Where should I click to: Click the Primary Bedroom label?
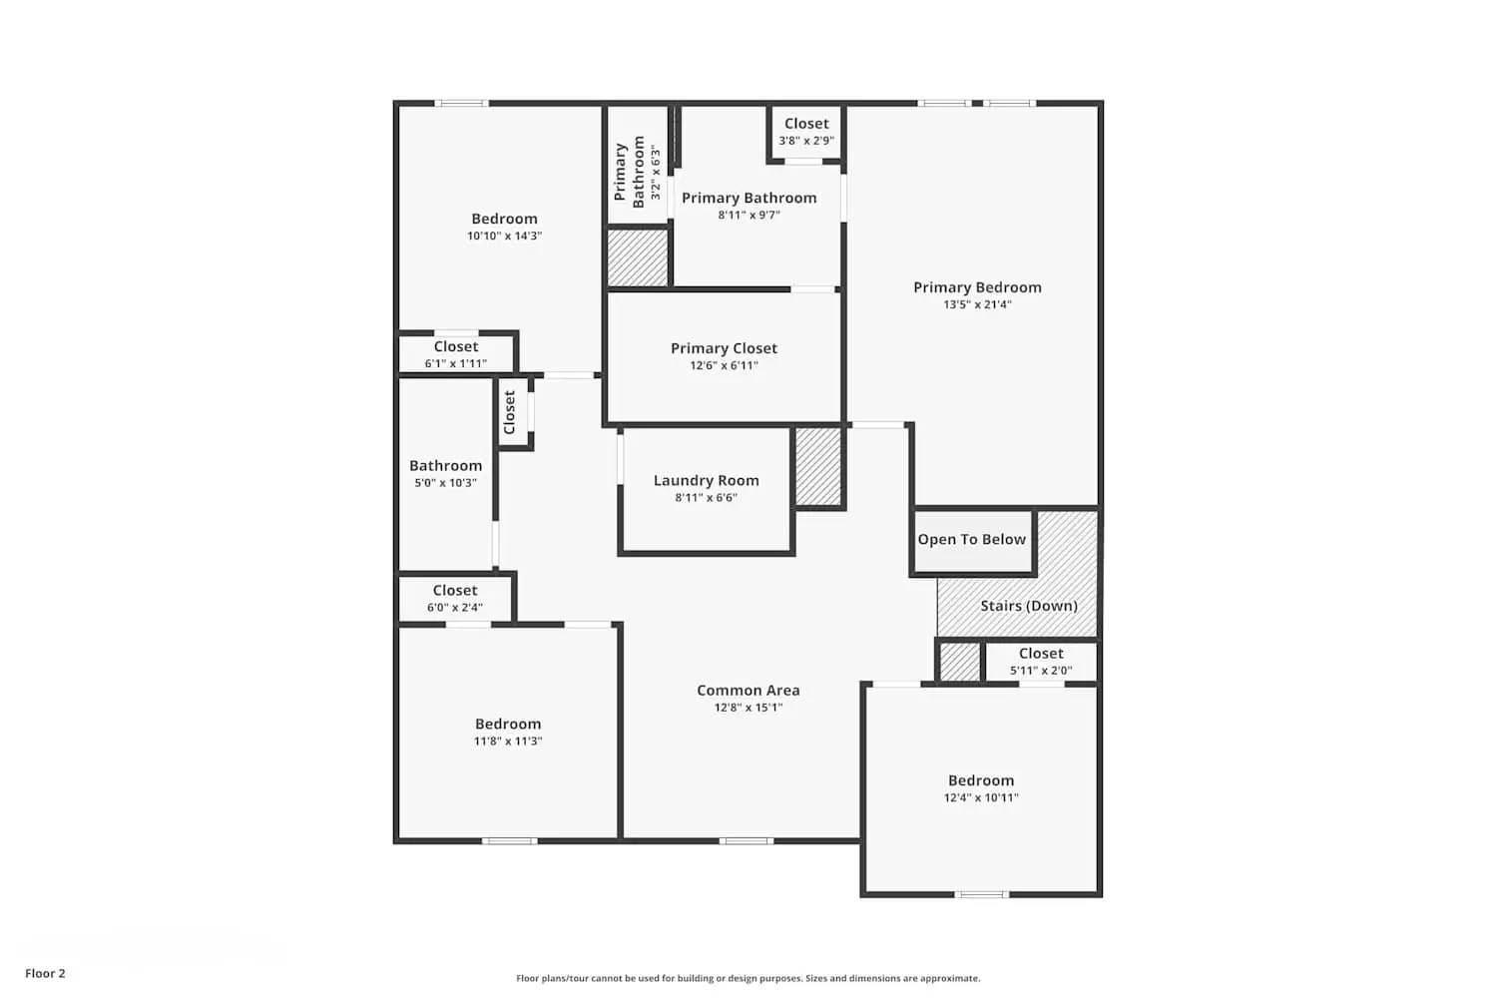coord(977,287)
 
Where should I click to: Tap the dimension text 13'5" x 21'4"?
coord(977,305)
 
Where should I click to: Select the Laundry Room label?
coord(706,480)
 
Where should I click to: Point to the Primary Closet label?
coord(724,348)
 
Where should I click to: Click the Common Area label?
coord(748,690)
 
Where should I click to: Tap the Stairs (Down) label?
coord(1029,606)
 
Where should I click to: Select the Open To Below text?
coord(971,539)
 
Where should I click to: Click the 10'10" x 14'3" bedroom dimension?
coord(504,237)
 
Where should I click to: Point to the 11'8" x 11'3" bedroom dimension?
coord(508,742)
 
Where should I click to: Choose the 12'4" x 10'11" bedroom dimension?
coord(981,798)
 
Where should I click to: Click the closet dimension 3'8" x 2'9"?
coord(806,141)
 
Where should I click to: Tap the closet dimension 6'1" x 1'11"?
coord(456,364)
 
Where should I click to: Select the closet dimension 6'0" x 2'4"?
coord(455,608)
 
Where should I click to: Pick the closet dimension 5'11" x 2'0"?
coord(1041,671)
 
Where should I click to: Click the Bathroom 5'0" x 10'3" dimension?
coord(445,483)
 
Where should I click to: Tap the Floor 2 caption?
coord(45,973)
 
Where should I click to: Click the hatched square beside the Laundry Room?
coord(818,467)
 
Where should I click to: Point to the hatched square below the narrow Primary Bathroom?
coord(637,257)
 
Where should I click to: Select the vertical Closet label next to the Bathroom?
coord(510,412)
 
